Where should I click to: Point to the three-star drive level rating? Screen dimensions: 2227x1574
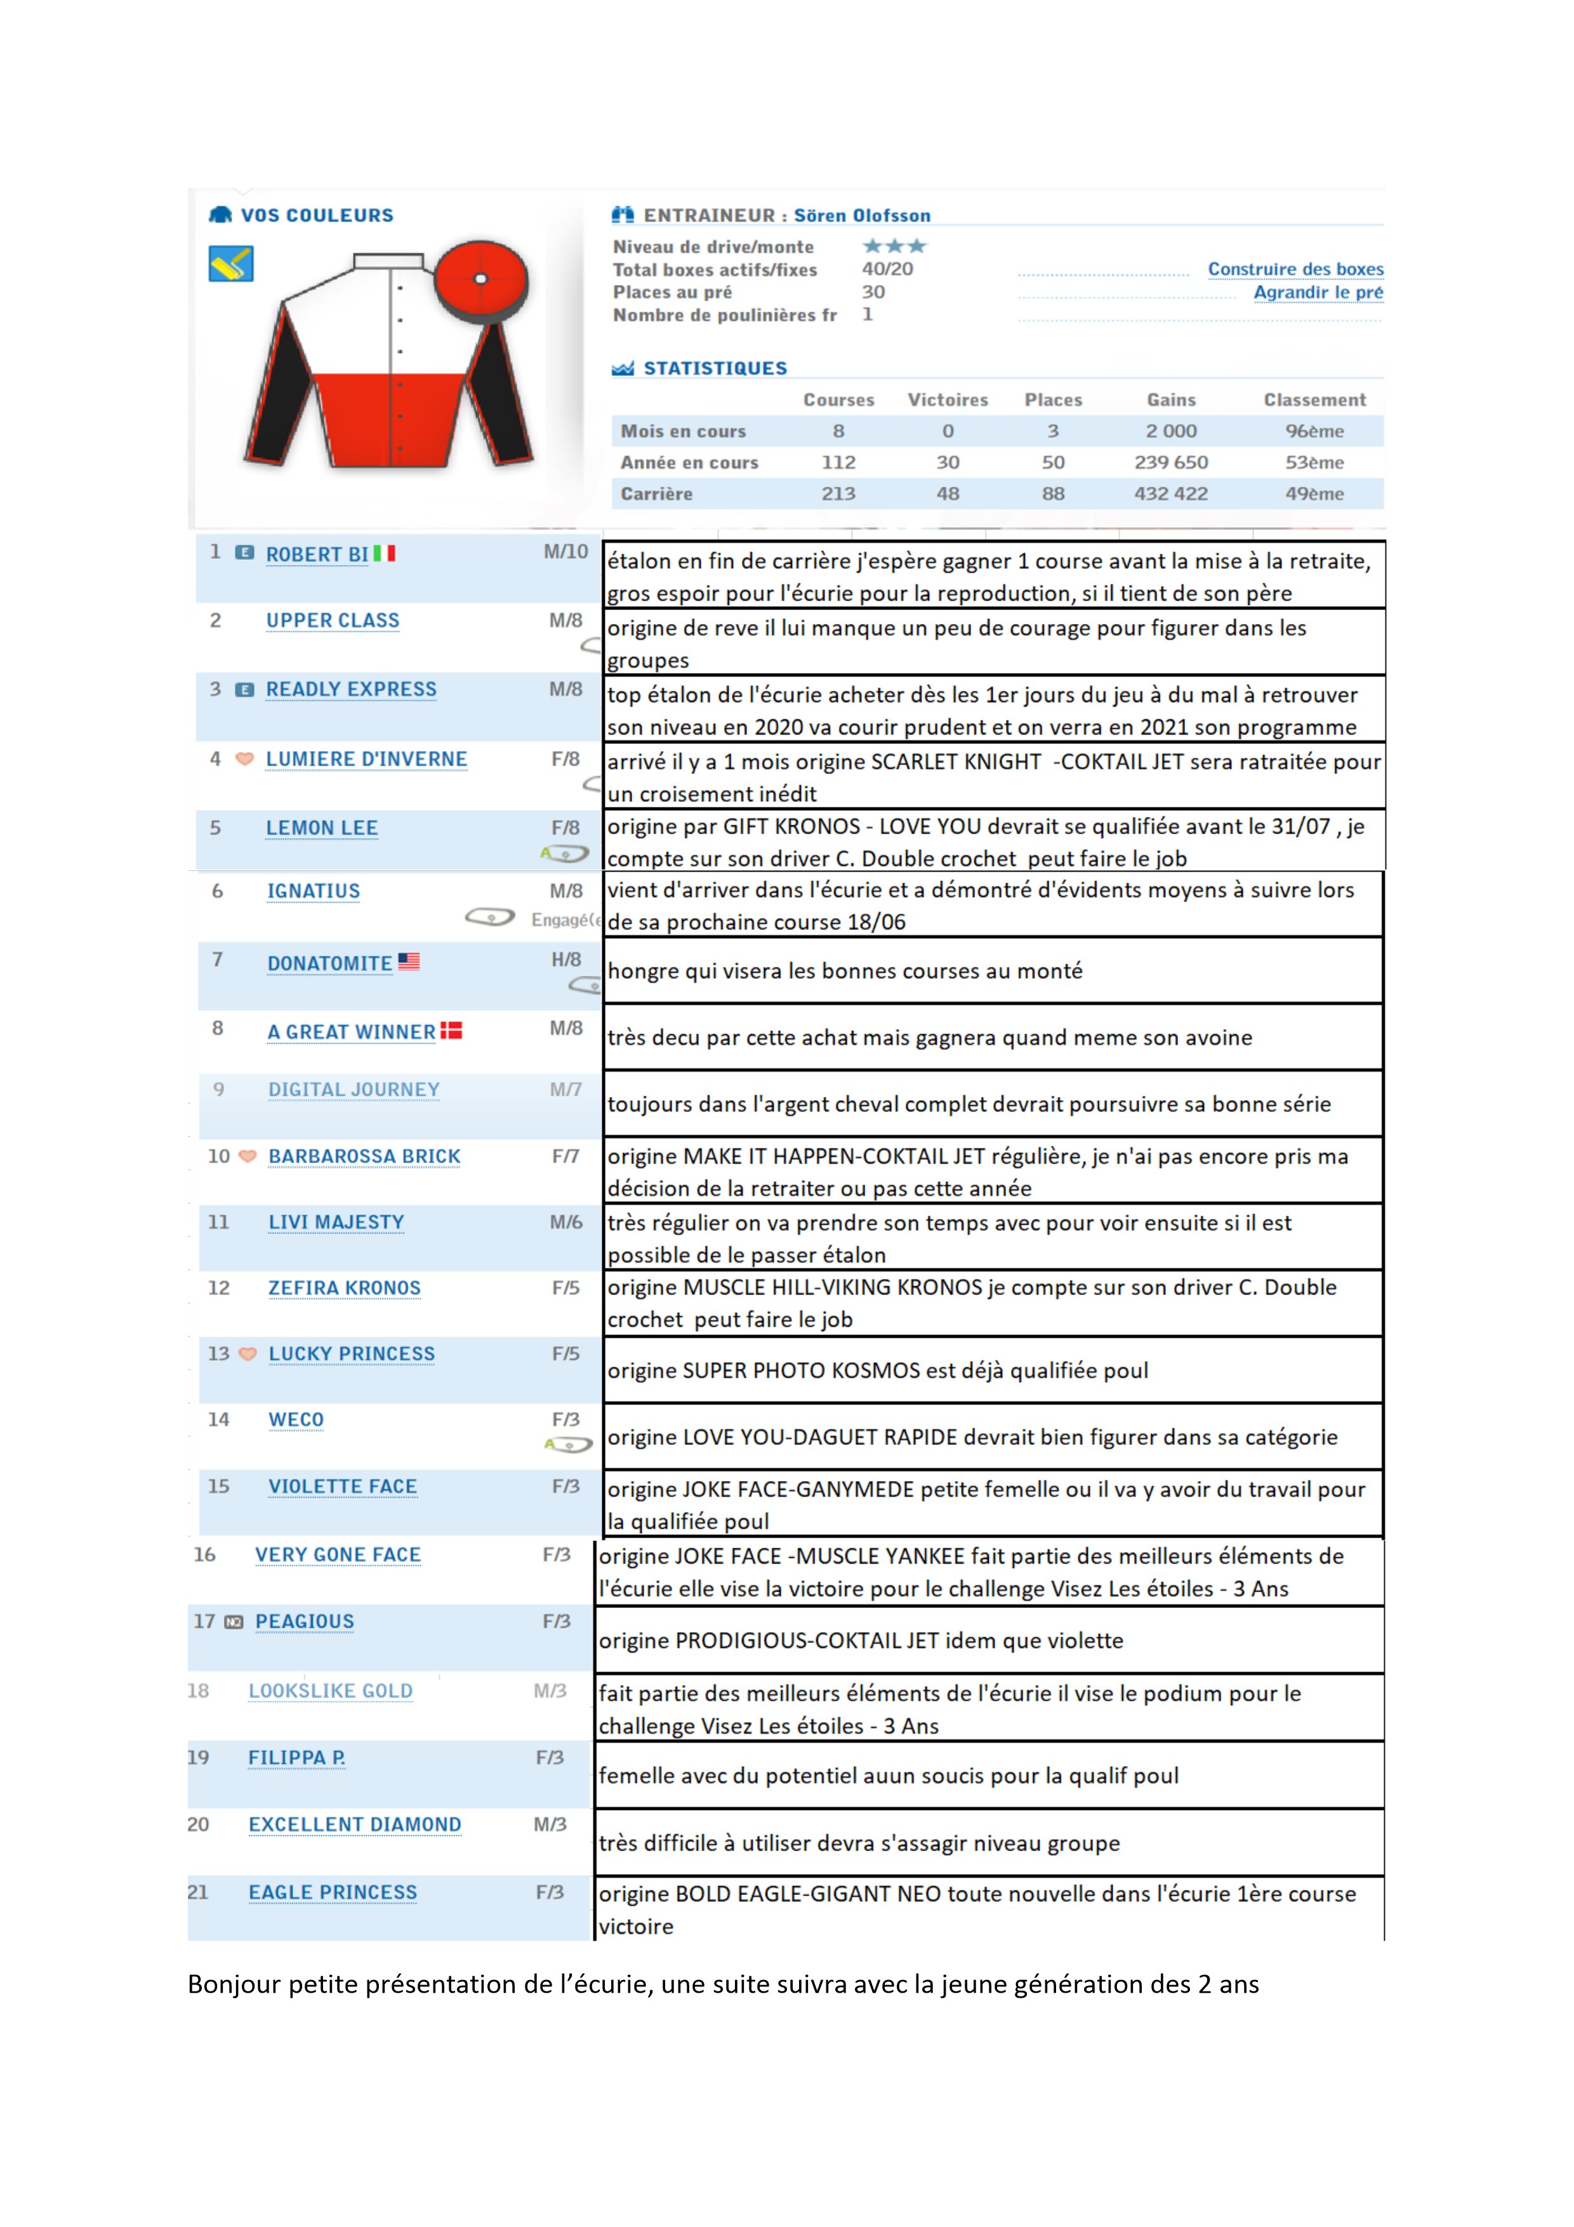point(894,246)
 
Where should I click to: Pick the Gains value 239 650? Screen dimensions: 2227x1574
point(1170,463)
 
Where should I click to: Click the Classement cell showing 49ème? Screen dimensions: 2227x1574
point(1314,494)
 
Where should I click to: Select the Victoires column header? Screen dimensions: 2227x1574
point(948,399)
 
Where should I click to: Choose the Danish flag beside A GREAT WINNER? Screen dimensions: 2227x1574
point(451,1030)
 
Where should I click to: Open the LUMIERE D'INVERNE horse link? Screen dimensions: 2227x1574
point(367,759)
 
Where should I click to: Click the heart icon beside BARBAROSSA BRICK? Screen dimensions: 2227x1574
point(248,1155)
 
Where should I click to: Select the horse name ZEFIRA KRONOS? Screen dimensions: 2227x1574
point(344,1288)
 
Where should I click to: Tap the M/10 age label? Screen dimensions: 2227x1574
point(565,552)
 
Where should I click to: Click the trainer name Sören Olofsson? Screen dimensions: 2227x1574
point(861,215)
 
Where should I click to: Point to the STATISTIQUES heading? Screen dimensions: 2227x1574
point(715,369)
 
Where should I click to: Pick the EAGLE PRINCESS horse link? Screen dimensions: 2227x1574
point(333,1892)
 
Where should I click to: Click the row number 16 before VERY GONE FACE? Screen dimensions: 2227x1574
point(204,1555)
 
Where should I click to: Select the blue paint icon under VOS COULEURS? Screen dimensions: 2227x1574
point(231,264)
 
